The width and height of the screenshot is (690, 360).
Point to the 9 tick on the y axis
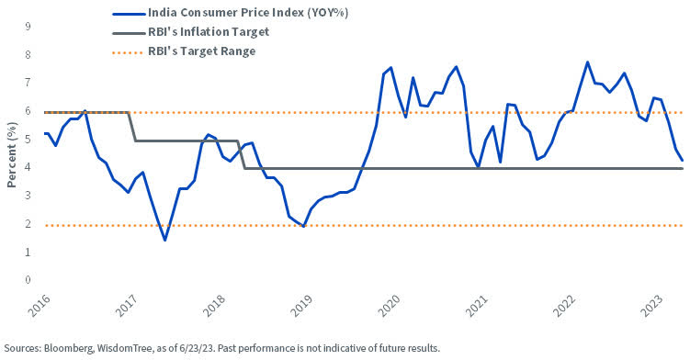[x=28, y=28]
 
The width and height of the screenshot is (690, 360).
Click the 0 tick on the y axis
[x=28, y=280]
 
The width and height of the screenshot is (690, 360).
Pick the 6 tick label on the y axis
[x=28, y=112]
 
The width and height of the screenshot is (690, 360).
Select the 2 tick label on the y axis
[x=28, y=224]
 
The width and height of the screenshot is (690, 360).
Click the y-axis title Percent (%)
[x=12, y=153]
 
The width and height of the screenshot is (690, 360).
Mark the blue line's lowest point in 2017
[x=164, y=240]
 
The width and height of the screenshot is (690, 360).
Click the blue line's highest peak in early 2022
[x=587, y=62]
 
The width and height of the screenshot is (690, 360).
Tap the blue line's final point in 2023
[x=682, y=161]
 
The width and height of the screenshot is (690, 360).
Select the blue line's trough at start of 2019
[x=303, y=226]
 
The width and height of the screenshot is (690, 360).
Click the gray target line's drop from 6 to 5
[x=135, y=127]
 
